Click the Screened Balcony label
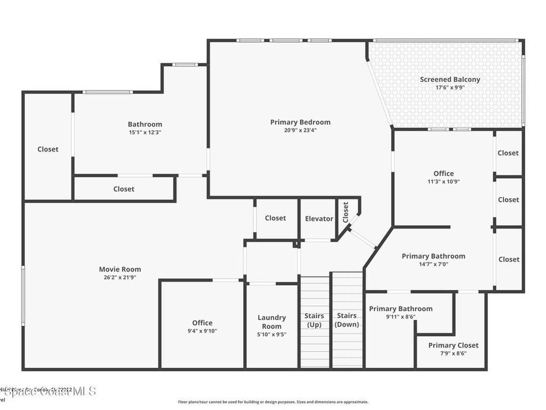pos(449,80)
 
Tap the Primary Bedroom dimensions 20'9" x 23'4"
pos(300,130)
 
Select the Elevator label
pos(319,218)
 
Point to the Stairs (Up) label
pos(314,320)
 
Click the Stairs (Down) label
pos(347,320)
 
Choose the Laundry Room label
pos(272,322)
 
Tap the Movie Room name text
pos(120,269)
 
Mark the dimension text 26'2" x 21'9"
pos(120,277)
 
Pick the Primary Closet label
pos(453,345)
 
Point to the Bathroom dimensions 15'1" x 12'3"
pos(144,132)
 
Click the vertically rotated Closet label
pos(346,212)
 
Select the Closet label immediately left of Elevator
pos(275,218)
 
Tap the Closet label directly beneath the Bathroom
pos(124,189)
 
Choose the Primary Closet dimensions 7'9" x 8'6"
pos(453,353)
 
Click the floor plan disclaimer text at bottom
pos(272,402)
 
